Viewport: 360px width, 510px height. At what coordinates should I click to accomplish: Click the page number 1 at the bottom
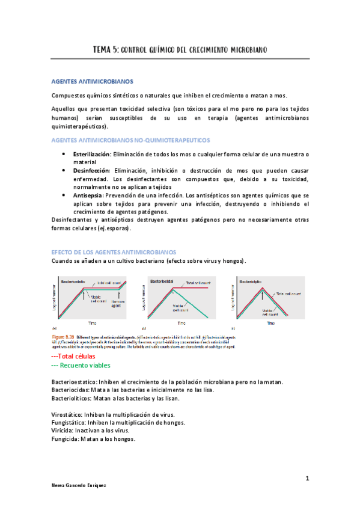click(x=307, y=478)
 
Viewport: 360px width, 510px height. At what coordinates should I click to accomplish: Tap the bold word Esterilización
click(x=91, y=155)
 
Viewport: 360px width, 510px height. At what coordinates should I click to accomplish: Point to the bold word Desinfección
click(x=91, y=171)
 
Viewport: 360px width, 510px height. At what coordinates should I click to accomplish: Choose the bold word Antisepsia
click(x=88, y=195)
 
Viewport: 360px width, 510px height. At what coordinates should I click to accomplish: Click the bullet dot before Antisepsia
click(x=64, y=195)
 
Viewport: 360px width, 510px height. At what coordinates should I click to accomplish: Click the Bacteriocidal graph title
click(x=165, y=281)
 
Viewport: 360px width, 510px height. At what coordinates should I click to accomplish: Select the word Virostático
click(x=68, y=414)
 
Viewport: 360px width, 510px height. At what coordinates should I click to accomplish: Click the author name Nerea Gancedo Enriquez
click(x=79, y=485)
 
